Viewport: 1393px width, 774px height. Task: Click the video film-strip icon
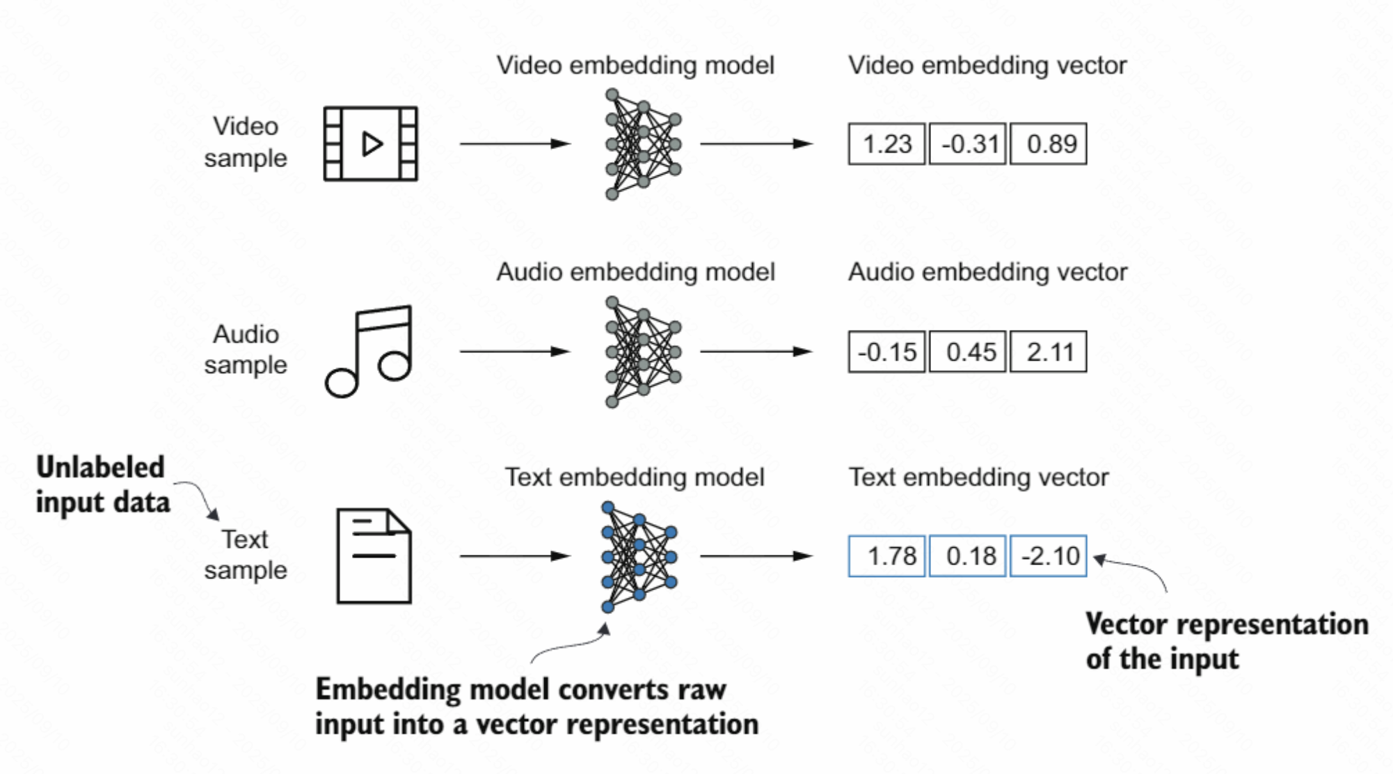[x=370, y=144]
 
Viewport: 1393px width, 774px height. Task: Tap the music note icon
[x=369, y=352]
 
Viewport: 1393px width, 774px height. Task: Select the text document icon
[x=374, y=555]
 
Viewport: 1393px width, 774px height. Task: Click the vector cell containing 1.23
[x=886, y=144]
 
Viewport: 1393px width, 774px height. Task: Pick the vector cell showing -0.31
[x=968, y=144]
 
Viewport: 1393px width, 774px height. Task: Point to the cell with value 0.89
[x=1049, y=144]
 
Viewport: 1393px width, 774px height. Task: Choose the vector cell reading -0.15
[x=886, y=352]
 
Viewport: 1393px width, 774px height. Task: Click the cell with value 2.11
[x=1049, y=352]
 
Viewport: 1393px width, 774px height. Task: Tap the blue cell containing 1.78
[x=886, y=556]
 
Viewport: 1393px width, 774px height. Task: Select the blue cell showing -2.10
[x=1049, y=556]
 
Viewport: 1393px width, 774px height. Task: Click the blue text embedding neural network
[x=639, y=557]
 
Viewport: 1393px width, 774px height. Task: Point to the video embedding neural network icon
[x=642, y=144]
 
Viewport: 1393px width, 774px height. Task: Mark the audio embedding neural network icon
[x=642, y=352]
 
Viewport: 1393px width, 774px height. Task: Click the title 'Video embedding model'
[x=635, y=65]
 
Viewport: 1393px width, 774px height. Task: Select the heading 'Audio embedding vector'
[x=987, y=272]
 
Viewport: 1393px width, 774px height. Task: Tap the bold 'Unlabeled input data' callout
[x=102, y=484]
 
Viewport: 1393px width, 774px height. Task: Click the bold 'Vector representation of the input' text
[x=1227, y=641]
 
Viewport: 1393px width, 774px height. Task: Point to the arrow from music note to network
[x=515, y=352]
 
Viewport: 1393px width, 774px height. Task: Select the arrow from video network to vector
[x=756, y=144]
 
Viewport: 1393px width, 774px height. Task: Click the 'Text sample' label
[x=246, y=554]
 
